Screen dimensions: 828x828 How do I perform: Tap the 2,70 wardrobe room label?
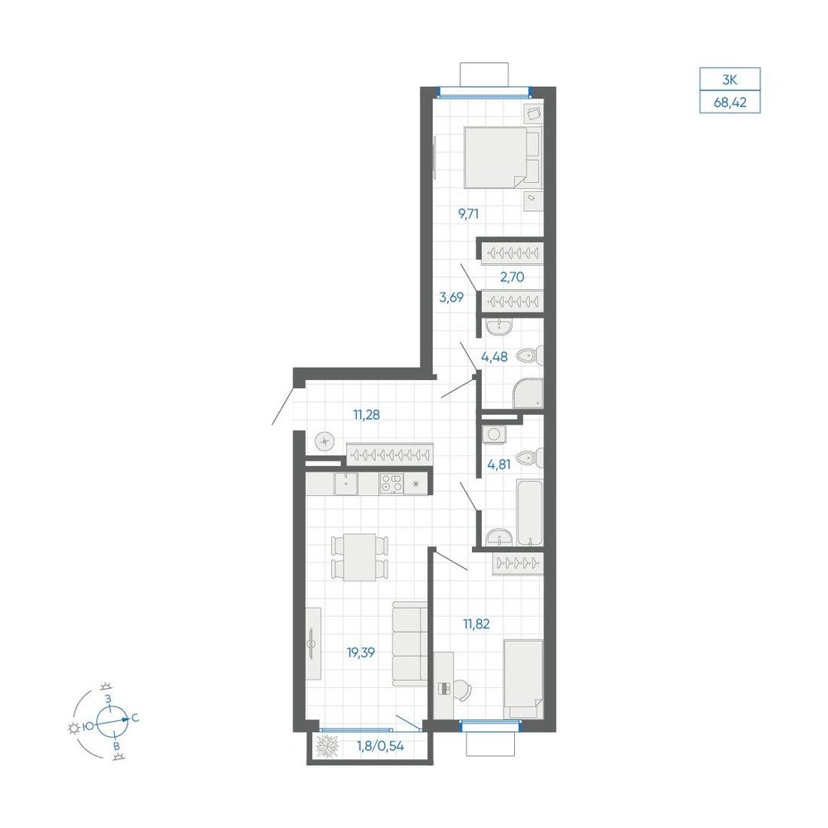[x=512, y=277]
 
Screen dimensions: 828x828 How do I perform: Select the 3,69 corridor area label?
[x=451, y=297]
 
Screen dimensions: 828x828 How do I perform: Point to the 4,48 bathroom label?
[x=494, y=357]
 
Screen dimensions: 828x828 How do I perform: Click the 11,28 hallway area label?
[x=367, y=415]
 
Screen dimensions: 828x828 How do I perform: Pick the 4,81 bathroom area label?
[x=498, y=465]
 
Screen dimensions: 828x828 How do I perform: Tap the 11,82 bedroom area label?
[x=476, y=624]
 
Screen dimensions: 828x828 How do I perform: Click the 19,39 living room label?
[x=361, y=652]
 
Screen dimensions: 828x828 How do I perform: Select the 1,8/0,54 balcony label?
[x=380, y=746]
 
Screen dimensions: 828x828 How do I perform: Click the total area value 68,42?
[x=730, y=103]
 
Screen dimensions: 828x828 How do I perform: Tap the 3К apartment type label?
[x=729, y=80]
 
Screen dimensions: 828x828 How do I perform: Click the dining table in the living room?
[x=359, y=557]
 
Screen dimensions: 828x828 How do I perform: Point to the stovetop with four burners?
[x=392, y=484]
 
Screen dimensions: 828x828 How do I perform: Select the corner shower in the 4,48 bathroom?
[x=527, y=393]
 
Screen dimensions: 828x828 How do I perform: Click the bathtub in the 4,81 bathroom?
[x=530, y=513]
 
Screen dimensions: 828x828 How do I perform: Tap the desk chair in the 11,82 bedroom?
[x=461, y=690]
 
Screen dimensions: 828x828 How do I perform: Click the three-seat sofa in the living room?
[x=409, y=643]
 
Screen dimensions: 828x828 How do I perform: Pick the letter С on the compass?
[x=135, y=718]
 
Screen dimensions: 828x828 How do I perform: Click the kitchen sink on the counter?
[x=346, y=484]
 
